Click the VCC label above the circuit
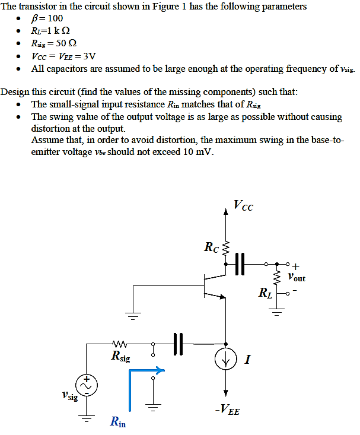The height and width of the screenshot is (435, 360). coord(243,206)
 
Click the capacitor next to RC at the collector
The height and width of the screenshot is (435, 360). coord(240,263)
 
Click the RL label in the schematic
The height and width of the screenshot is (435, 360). coord(265,292)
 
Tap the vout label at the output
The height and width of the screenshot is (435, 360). coord(295,277)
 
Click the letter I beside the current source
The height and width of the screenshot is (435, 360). coord(247,360)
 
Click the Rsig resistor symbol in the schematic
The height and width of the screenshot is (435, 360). coord(119,343)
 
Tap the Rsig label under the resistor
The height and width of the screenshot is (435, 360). coord(120,357)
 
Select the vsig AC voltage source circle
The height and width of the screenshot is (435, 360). coord(87,385)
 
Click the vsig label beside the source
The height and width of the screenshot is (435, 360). coord(69,396)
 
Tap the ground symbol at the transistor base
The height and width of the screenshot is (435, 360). coord(133,316)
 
